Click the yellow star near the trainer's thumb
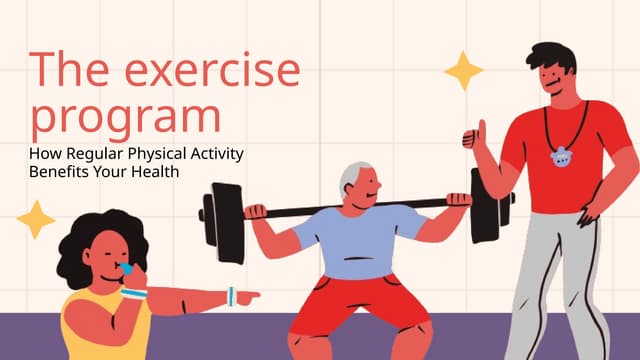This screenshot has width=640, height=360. coord(463,71)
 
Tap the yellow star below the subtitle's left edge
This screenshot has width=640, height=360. coord(35,219)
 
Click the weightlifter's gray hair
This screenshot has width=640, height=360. coord(348,178)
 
